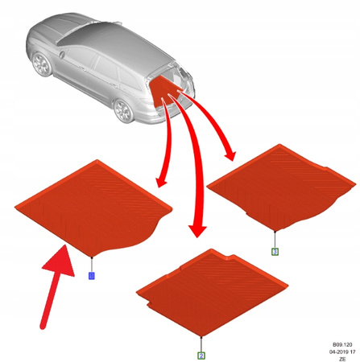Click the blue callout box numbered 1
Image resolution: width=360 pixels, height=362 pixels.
tap(91, 276)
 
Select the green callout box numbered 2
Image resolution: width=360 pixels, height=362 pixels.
tap(201, 355)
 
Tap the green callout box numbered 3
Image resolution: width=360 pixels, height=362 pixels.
tap(275, 252)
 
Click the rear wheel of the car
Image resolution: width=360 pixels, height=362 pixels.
tap(124, 111)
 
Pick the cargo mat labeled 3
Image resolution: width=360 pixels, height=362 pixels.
tap(278, 185)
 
